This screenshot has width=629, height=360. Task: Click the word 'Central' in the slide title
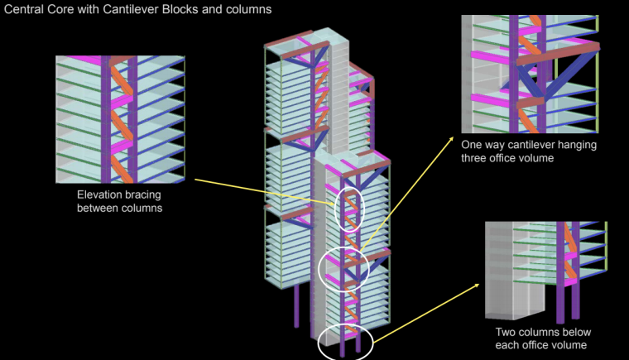(x=25, y=10)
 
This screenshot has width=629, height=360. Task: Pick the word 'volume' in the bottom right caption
(x=570, y=344)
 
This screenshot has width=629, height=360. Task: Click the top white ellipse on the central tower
(x=349, y=212)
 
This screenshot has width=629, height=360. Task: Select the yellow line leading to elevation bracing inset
(x=265, y=189)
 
